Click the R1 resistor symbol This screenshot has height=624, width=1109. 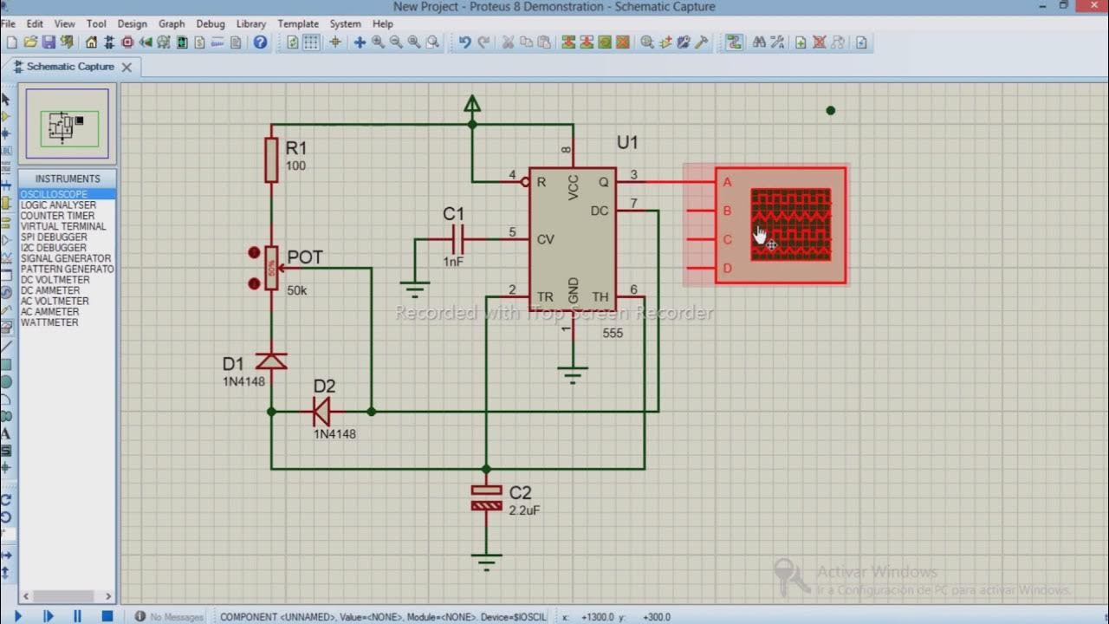(x=271, y=159)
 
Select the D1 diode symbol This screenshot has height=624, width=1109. (x=271, y=361)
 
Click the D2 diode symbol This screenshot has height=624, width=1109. (x=322, y=412)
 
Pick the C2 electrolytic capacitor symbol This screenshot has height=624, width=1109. (x=486, y=497)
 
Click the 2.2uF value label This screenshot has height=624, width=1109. (x=525, y=510)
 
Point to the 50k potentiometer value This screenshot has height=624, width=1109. (x=296, y=291)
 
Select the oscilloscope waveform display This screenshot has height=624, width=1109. (x=790, y=224)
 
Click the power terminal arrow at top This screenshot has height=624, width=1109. (x=472, y=105)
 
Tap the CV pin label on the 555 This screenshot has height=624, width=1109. (x=545, y=239)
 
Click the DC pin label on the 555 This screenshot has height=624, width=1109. (x=600, y=211)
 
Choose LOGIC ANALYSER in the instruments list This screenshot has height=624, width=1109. (x=58, y=205)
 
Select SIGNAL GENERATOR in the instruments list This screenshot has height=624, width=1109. (x=66, y=258)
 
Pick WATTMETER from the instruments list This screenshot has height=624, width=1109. (x=49, y=322)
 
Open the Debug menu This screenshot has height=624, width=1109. (x=210, y=23)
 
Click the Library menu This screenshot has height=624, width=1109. (x=251, y=23)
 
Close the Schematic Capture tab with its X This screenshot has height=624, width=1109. (x=126, y=67)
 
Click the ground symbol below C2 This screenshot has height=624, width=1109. (x=486, y=562)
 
